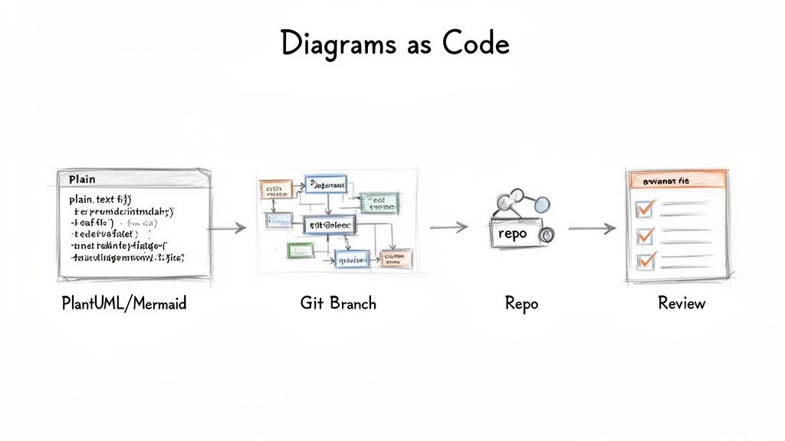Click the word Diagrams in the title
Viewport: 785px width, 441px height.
337,44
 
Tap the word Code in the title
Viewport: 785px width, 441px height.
476,44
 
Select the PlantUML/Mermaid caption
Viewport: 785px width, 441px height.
123,304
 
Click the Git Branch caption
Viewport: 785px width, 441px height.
338,303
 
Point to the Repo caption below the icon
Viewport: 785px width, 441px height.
521,304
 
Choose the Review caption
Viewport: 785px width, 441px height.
682,303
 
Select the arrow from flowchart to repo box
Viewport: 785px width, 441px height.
448,227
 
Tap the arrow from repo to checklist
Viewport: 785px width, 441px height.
592,228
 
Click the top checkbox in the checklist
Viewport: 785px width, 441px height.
645,207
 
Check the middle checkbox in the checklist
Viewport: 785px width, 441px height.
645,234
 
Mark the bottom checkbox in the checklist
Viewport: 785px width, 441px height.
645,260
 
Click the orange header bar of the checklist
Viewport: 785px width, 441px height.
677,181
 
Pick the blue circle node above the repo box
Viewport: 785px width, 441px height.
541,204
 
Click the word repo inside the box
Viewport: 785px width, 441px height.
512,234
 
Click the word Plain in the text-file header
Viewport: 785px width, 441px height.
82,178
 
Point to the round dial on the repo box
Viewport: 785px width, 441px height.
547,237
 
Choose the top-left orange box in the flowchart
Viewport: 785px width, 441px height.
275,188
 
